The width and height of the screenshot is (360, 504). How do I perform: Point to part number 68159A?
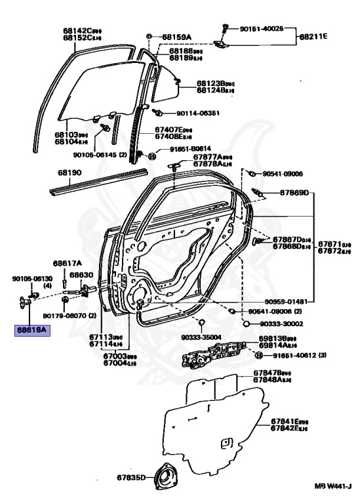tap(176, 36)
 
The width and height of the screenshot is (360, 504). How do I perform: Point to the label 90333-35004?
tap(202, 337)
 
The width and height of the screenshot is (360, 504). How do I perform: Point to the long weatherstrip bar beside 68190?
tap(98, 181)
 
